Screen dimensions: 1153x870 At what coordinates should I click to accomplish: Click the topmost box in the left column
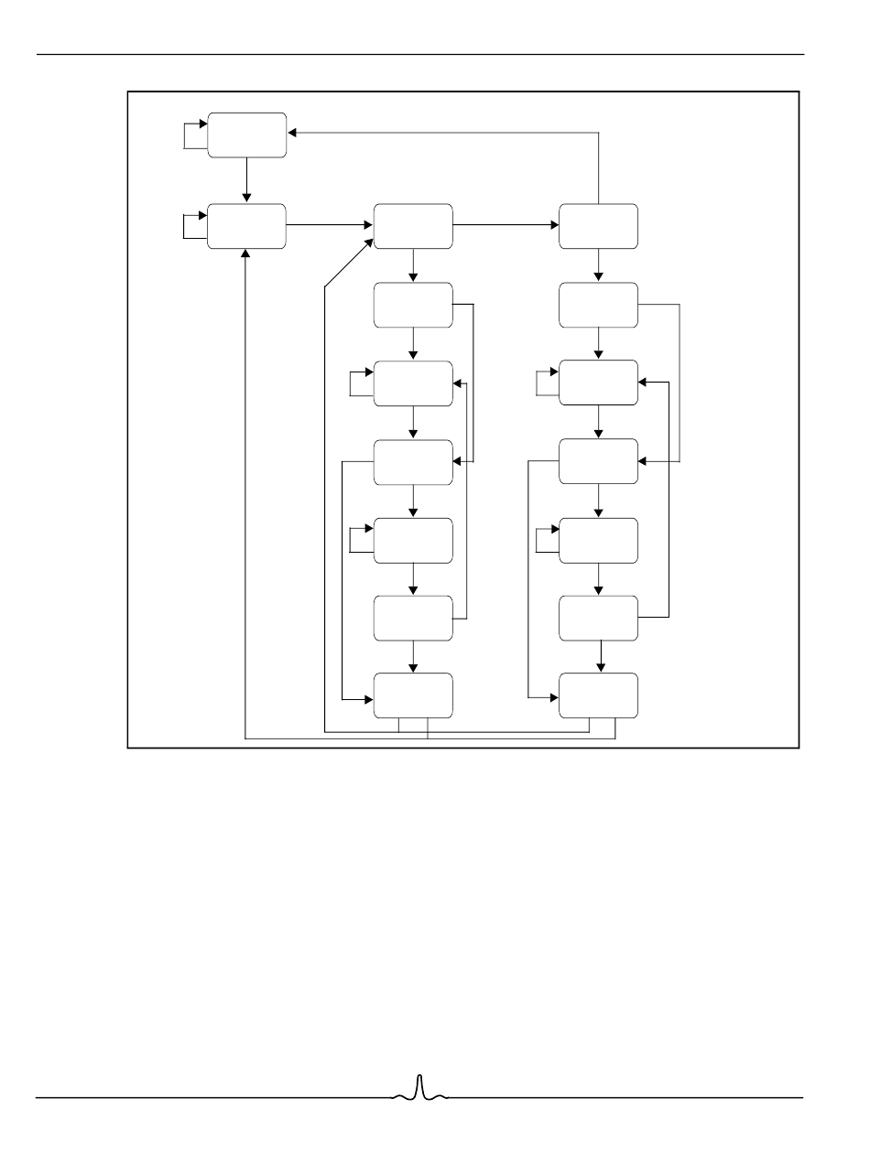click(247, 135)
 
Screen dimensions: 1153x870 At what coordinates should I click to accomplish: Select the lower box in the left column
click(247, 226)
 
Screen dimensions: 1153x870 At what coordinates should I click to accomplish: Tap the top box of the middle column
click(413, 226)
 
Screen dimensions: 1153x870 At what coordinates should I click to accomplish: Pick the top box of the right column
click(598, 226)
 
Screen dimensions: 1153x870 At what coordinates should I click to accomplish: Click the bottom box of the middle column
click(413, 695)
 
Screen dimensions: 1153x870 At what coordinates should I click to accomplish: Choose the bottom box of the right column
click(598, 695)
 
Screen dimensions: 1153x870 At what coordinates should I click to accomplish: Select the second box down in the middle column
click(413, 305)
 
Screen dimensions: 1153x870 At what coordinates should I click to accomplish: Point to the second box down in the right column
click(598, 305)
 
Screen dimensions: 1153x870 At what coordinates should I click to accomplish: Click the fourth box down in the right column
click(598, 461)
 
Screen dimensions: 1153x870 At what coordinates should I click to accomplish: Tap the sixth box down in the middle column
click(413, 618)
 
